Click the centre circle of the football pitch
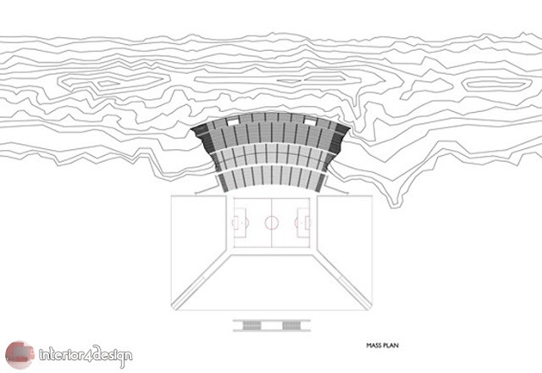(271, 223)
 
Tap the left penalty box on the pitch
(238, 223)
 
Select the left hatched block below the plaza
(252, 324)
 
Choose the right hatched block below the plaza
(290, 324)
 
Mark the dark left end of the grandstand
(201, 131)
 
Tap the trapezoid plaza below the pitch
(271, 280)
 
